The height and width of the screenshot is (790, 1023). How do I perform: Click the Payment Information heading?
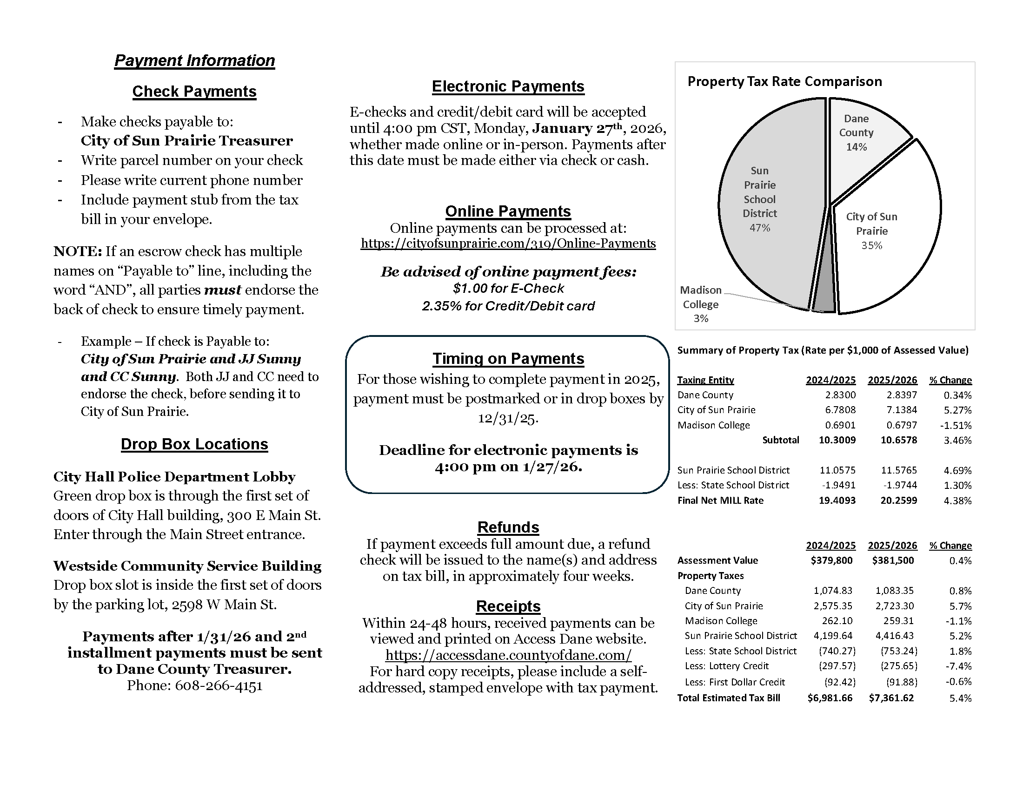(x=194, y=60)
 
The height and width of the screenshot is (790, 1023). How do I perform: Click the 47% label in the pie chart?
(x=759, y=228)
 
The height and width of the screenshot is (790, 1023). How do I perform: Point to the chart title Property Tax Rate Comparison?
(x=784, y=81)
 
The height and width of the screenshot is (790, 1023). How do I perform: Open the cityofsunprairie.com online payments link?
(x=508, y=244)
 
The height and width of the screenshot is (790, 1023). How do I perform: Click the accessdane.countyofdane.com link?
(x=508, y=655)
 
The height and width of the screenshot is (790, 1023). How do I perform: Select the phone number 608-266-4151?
(x=218, y=685)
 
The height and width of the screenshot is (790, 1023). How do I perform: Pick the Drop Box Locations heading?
(x=194, y=444)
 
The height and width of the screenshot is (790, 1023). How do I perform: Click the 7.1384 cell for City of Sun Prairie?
(x=898, y=410)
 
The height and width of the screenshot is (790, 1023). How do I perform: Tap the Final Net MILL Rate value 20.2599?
(x=898, y=500)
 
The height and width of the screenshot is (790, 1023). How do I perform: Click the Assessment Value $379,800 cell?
(x=831, y=560)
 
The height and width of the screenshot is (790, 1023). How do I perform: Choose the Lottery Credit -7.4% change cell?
(x=960, y=666)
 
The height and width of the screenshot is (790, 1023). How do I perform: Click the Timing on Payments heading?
(x=508, y=358)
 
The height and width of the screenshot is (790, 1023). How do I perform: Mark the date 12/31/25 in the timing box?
(x=508, y=417)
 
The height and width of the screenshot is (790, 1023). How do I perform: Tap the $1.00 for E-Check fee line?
(x=508, y=288)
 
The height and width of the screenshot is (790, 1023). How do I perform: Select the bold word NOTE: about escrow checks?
(x=77, y=251)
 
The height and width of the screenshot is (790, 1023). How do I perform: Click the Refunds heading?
(x=508, y=527)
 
